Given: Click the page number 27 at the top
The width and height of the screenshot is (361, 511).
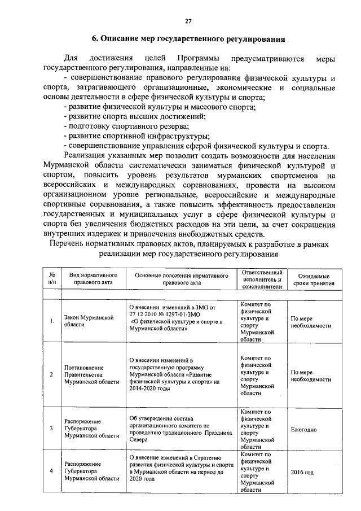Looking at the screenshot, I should coord(188,21).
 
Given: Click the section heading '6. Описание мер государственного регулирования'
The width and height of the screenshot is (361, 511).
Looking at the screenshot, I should coord(188,40).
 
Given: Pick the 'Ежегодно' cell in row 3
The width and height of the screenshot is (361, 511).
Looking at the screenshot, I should coord(303,430).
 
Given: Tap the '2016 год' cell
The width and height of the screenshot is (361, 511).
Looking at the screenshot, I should coord(302,471).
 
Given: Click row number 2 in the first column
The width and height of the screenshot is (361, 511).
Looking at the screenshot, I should coord(51,374).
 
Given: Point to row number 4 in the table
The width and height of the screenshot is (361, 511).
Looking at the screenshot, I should coord(51,471).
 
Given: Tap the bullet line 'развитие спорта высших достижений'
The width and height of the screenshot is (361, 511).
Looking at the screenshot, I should coord(135,117).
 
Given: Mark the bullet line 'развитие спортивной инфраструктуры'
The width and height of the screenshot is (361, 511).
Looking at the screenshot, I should coord(137,136).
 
